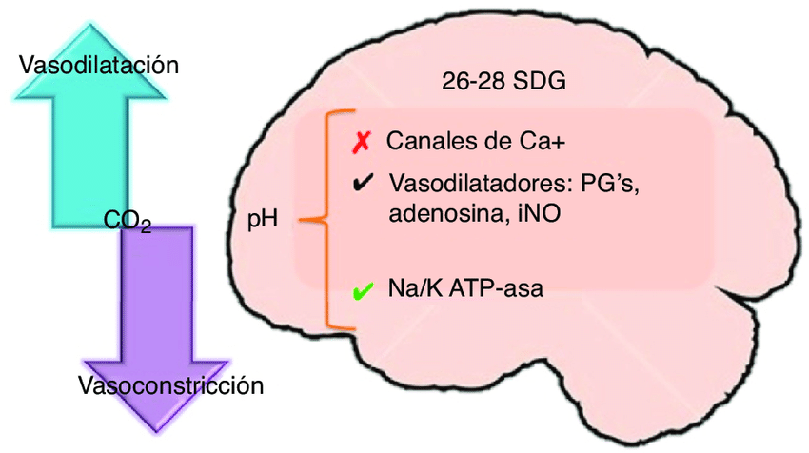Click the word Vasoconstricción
(170, 386)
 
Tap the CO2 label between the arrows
(128, 223)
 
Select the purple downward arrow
(157, 305)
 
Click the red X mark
(360, 143)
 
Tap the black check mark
(361, 185)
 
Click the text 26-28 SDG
(503, 81)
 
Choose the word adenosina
(445, 215)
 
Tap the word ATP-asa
(497, 289)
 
